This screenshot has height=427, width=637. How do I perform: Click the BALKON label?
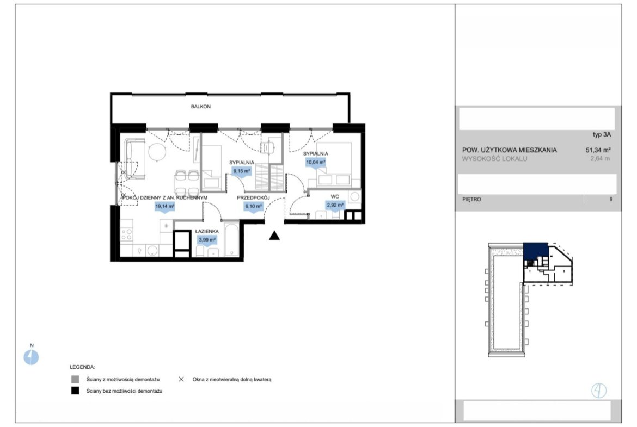201,107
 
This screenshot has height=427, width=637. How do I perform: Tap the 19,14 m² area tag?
164,206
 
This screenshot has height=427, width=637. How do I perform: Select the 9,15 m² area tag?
241,171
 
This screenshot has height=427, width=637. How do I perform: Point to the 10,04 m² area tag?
315,162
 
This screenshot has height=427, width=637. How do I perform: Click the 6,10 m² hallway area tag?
254,206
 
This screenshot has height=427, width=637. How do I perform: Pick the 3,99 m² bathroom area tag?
207,240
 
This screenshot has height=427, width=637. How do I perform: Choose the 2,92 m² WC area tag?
335,205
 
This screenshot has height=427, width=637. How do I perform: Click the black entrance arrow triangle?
274,236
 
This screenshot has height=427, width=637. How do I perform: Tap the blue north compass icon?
31,357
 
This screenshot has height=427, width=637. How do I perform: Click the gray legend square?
75,379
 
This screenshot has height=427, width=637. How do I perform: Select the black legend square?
75,391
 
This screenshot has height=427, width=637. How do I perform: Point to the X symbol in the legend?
181,379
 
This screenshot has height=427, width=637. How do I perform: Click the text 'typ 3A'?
602,134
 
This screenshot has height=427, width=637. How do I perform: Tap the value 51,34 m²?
598,150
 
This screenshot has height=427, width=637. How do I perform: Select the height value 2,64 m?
600,159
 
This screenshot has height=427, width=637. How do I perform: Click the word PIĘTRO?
471,199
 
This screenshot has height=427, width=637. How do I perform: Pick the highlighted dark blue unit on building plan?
535,251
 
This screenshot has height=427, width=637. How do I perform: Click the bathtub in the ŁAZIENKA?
231,239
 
